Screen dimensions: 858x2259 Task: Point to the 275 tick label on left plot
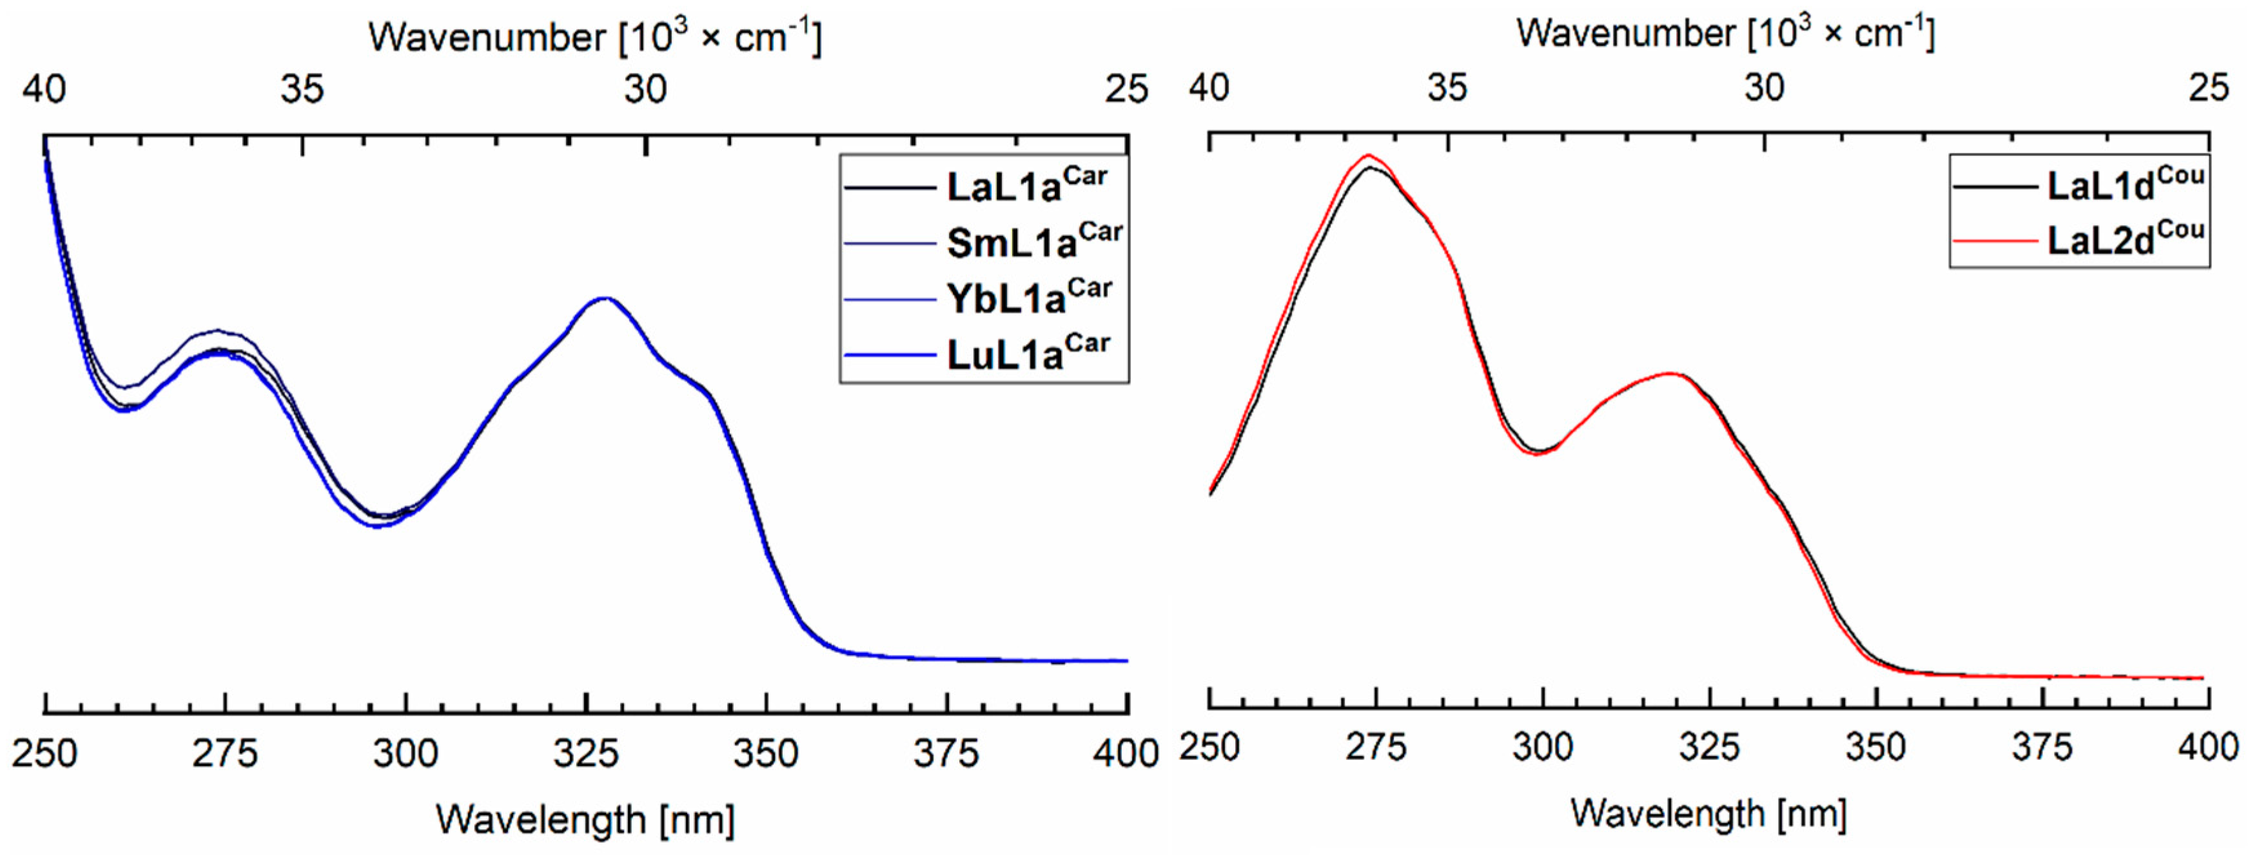[224, 753]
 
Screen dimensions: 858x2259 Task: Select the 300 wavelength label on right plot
[1543, 748]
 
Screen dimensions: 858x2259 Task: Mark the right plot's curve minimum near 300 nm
[1538, 453]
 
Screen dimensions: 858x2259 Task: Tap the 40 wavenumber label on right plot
[1209, 88]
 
